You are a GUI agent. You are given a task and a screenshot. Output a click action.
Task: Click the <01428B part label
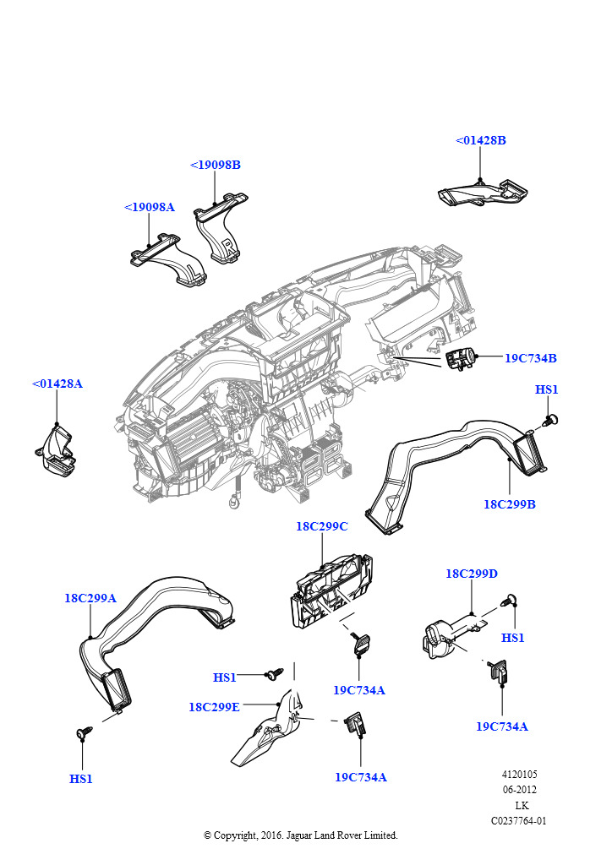(x=481, y=140)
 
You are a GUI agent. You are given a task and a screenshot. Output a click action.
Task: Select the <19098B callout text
(x=216, y=165)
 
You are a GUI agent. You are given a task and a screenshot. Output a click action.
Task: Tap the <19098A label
(x=150, y=207)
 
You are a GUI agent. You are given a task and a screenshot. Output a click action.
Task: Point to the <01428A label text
(x=57, y=384)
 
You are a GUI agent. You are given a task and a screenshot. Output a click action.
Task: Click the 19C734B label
(x=531, y=358)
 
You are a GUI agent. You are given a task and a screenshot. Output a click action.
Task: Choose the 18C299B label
(x=510, y=504)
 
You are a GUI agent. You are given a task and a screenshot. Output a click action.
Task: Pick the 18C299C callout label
(x=322, y=526)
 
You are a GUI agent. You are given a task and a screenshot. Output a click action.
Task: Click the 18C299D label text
(x=472, y=574)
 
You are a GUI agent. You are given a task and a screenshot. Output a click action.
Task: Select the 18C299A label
(x=90, y=598)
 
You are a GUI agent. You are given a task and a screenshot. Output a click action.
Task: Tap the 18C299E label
(x=215, y=706)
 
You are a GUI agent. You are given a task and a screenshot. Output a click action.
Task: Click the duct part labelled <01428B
(x=482, y=193)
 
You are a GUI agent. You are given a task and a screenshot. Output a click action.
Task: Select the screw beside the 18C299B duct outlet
(x=553, y=420)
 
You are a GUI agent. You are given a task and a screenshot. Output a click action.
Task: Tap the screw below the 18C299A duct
(x=84, y=733)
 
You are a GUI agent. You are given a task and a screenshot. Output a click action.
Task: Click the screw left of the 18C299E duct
(x=274, y=674)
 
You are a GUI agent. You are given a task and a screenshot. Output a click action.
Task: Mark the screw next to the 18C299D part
(x=511, y=601)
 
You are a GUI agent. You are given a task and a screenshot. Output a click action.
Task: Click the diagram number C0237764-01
(x=519, y=820)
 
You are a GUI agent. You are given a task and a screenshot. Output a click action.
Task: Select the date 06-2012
(x=520, y=790)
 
